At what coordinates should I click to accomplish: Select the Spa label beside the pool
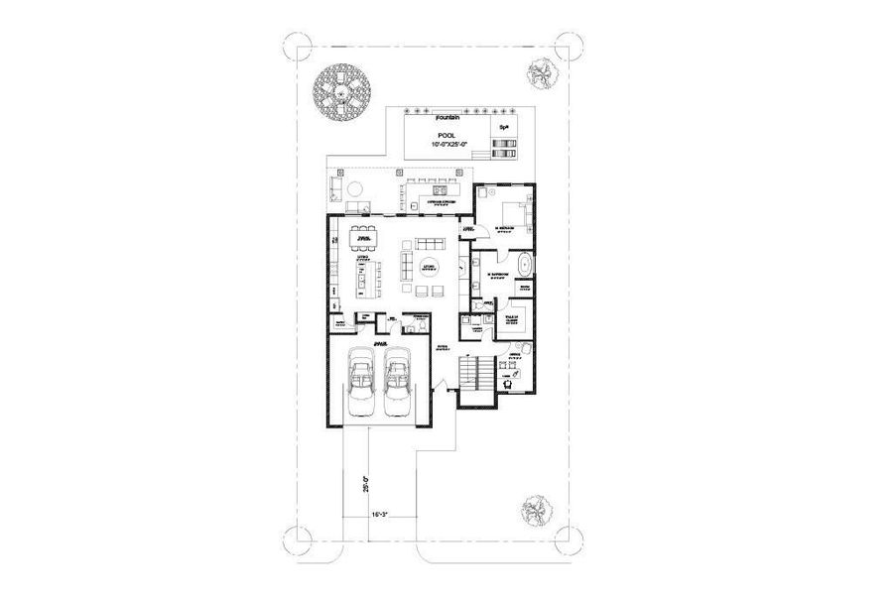point(504,128)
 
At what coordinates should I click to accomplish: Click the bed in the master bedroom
point(513,209)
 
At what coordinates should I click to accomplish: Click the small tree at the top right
point(541,75)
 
